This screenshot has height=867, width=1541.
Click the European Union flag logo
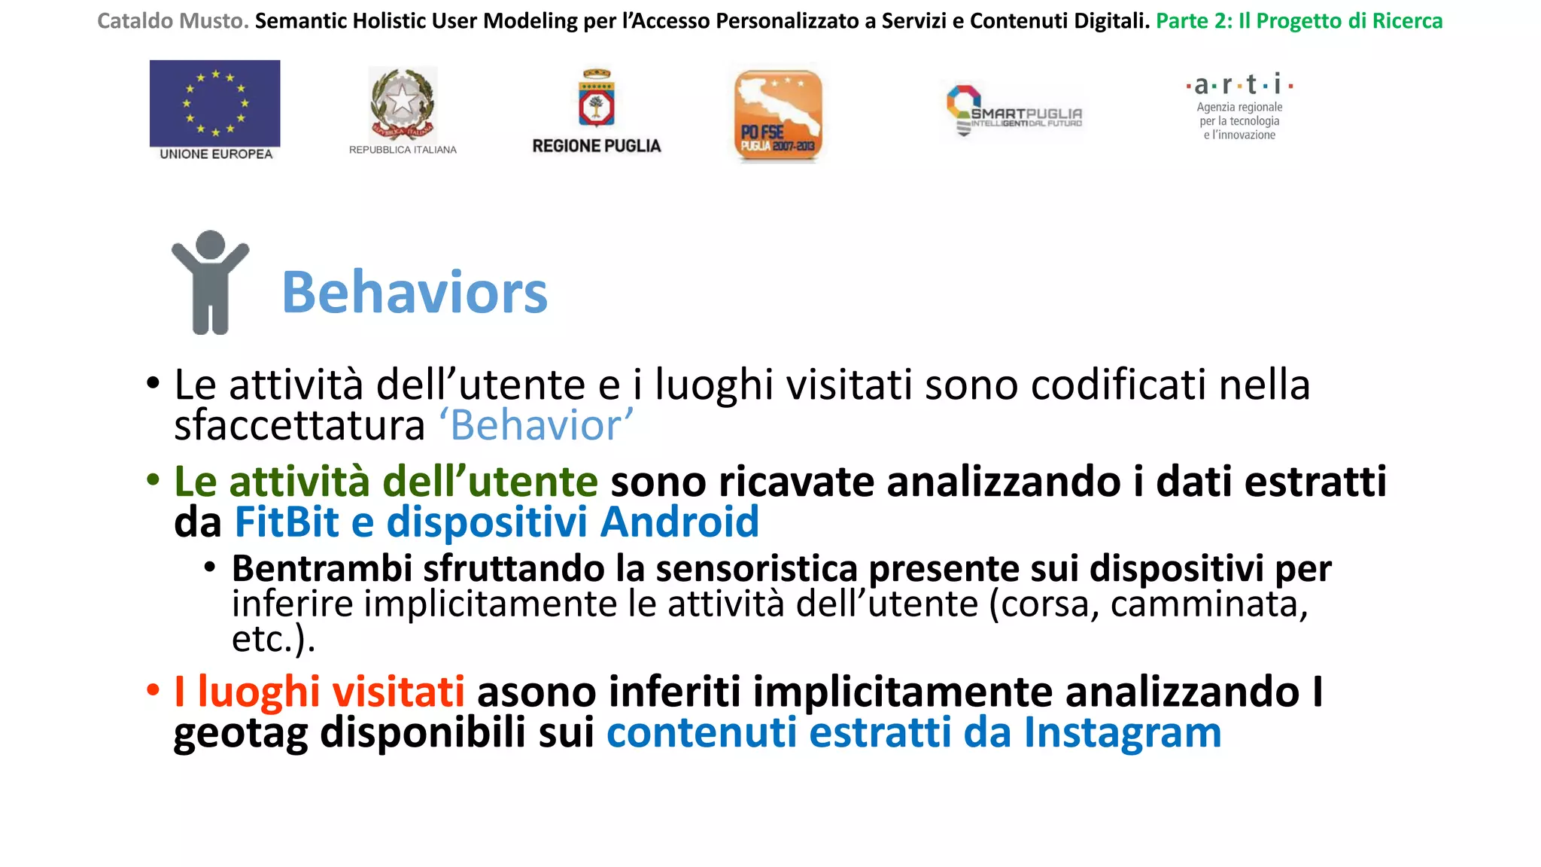[x=214, y=103]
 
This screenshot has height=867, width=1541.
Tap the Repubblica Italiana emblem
[x=403, y=104]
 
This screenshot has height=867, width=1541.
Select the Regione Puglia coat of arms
[x=597, y=99]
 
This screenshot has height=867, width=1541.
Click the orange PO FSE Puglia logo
[x=777, y=115]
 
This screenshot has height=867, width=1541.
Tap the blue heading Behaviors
[x=415, y=292]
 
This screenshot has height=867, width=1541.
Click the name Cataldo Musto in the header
[x=172, y=21]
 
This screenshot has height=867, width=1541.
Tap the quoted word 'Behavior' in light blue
[x=536, y=425]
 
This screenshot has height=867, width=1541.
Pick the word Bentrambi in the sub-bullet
[x=322, y=568]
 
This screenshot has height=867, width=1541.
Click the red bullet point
[x=153, y=689]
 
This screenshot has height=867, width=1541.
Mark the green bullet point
[x=153, y=479]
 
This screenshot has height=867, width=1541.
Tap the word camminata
[x=1208, y=604]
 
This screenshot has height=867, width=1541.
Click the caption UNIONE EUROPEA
[x=216, y=154]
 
